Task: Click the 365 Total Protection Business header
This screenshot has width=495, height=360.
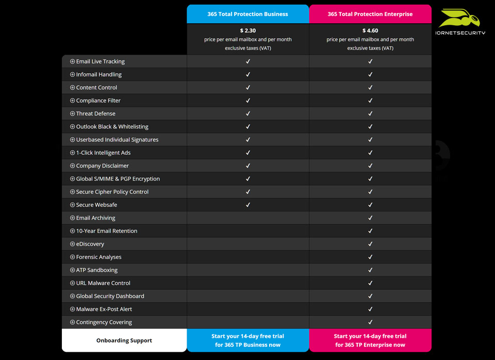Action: tap(247, 14)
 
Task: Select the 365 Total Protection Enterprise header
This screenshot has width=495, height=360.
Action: tap(370, 14)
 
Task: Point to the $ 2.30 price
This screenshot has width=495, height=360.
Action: tap(247, 31)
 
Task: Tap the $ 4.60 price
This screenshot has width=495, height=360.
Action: tap(370, 31)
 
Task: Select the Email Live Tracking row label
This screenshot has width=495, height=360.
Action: tap(101, 61)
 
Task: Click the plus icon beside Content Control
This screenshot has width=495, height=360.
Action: tap(73, 88)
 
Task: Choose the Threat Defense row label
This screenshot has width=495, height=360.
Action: tap(96, 113)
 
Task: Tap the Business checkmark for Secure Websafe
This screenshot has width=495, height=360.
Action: tap(248, 205)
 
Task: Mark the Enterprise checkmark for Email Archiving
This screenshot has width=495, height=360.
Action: tap(370, 218)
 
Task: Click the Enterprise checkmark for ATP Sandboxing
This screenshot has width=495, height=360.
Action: tap(370, 270)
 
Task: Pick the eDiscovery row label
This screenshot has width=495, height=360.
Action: tap(90, 244)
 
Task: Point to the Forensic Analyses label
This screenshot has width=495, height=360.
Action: tap(99, 257)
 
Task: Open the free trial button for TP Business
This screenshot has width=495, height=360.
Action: tap(247, 340)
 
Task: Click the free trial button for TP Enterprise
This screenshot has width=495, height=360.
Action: tap(370, 340)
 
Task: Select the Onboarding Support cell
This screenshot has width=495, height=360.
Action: tap(124, 340)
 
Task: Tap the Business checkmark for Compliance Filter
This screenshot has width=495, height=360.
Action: tap(248, 101)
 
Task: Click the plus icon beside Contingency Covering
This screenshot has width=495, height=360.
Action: tap(73, 322)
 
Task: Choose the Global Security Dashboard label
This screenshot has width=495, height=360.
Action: tap(110, 296)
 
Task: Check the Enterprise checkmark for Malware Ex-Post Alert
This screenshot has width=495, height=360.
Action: tap(370, 309)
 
